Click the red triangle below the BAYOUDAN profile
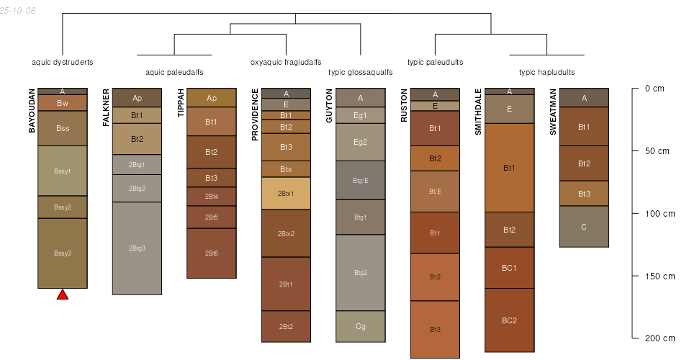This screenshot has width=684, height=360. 63,294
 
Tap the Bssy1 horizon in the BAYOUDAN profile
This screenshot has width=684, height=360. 63,171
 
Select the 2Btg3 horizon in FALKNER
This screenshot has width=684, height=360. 137,248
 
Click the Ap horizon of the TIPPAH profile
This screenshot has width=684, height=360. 212,98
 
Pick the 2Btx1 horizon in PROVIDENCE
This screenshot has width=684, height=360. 286,193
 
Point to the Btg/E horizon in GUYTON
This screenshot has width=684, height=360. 361,180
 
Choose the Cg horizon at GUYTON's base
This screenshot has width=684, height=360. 361,326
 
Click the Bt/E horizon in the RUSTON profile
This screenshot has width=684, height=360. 435,191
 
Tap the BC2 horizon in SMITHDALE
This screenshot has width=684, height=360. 509,320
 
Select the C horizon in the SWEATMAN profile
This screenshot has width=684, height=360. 584,227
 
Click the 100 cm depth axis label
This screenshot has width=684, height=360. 659,214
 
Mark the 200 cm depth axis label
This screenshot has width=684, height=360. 659,338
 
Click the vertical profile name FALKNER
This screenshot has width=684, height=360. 107,108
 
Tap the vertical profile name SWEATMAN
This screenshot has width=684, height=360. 553,112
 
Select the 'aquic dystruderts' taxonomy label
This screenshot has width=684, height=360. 63,62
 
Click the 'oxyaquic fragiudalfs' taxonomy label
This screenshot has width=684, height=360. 286,62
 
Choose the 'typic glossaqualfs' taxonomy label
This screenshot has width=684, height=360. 361,72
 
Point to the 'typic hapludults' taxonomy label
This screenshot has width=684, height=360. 546,72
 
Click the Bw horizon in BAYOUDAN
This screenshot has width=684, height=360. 63,103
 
